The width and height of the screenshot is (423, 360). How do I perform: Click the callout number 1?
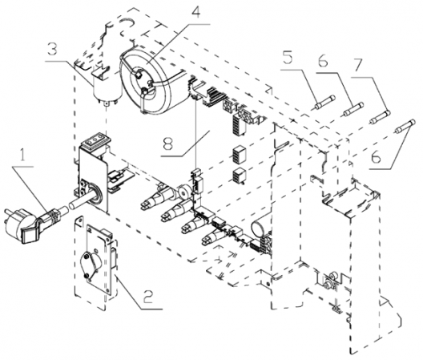(x=23, y=156)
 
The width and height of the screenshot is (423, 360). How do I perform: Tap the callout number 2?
(x=148, y=297)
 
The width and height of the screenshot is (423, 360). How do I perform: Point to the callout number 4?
(x=197, y=11)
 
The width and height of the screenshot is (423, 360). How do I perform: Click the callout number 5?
(x=288, y=58)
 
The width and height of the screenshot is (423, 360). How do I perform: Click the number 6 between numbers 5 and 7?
(x=323, y=61)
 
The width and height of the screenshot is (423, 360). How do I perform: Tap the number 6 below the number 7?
(x=376, y=156)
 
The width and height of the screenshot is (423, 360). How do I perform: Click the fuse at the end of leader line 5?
(x=324, y=102)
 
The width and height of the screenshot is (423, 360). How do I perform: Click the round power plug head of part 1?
(x=13, y=222)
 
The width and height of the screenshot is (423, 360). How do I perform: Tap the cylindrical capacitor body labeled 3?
(x=107, y=88)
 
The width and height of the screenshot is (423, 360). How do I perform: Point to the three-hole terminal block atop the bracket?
(x=97, y=140)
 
